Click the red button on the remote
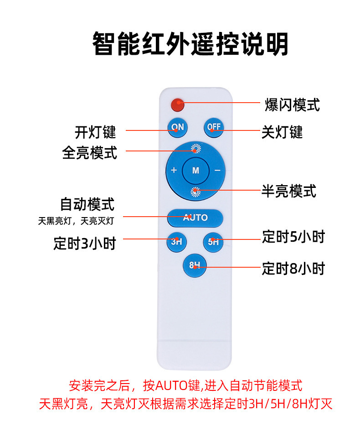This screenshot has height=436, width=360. pos(177,105)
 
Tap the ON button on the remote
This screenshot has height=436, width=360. pos(177,127)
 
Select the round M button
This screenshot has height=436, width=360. pos(195,171)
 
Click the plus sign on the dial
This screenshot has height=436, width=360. pos(174,171)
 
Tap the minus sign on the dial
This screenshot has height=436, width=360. pos(217,171)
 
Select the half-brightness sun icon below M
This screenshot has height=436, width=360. pos(195,192)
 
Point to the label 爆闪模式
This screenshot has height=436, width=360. pos(292,105)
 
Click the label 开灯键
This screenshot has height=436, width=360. pos(95,132)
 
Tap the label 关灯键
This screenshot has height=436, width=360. pos(282,132)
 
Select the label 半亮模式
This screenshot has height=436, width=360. pos(289,191)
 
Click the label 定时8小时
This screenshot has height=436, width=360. pos(293,269)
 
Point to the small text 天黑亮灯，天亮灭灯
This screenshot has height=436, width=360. pos(76,221)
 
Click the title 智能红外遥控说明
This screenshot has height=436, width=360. pos(190,44)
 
